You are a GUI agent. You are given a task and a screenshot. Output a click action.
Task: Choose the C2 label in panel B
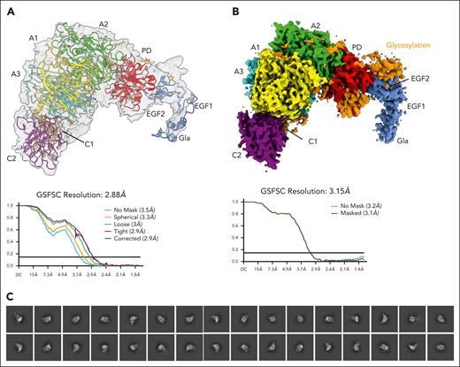pyautogui.click(x=239, y=154)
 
